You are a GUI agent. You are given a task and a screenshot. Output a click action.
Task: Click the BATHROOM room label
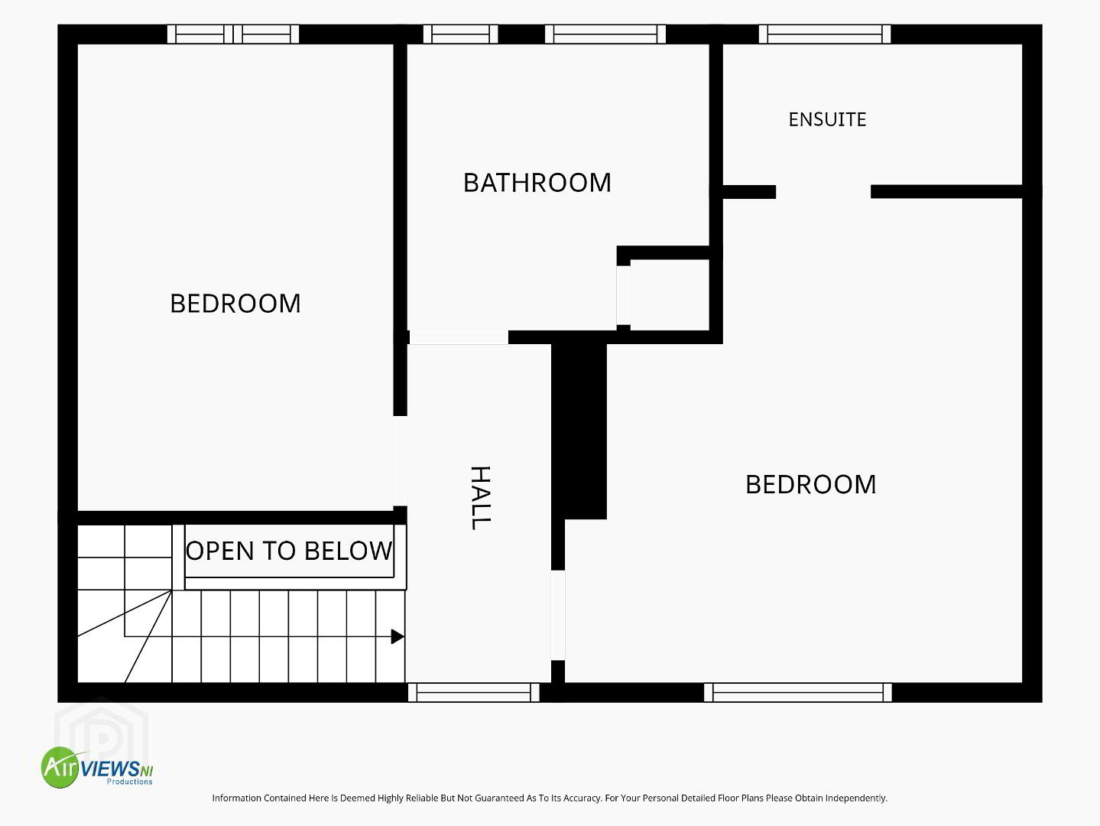(x=537, y=183)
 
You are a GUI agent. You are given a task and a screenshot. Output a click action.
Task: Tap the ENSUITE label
(x=827, y=120)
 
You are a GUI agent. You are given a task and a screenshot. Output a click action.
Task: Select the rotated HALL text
(x=480, y=498)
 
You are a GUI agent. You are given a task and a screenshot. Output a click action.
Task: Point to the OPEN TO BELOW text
(x=289, y=551)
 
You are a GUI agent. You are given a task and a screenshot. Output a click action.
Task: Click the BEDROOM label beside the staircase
(x=235, y=304)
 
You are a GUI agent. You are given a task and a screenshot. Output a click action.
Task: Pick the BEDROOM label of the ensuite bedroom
(x=811, y=485)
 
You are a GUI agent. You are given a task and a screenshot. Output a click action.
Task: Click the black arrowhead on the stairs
(x=397, y=636)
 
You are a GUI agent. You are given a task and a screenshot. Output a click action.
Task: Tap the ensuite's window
(x=824, y=34)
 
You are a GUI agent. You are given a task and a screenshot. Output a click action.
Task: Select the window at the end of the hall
(x=474, y=692)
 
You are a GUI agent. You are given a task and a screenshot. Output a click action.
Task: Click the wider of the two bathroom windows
(x=605, y=34)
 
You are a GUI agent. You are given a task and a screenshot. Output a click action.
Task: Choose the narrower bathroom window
(x=460, y=34)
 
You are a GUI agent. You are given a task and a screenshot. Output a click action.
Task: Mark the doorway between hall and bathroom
(x=459, y=337)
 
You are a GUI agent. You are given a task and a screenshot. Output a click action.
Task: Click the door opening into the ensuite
(x=823, y=191)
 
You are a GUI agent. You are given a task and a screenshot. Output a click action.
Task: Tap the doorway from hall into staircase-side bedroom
(x=400, y=460)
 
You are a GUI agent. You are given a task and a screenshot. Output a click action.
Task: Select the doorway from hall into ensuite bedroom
(x=558, y=615)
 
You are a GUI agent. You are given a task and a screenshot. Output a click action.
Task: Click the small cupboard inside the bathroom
(x=670, y=295)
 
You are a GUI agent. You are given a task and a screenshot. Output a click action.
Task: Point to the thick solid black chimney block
(x=579, y=431)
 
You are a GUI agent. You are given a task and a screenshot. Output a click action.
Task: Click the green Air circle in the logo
(x=61, y=767)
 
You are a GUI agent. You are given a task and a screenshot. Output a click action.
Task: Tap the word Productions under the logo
(x=129, y=782)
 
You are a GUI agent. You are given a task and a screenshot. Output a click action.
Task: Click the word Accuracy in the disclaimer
(x=582, y=798)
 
